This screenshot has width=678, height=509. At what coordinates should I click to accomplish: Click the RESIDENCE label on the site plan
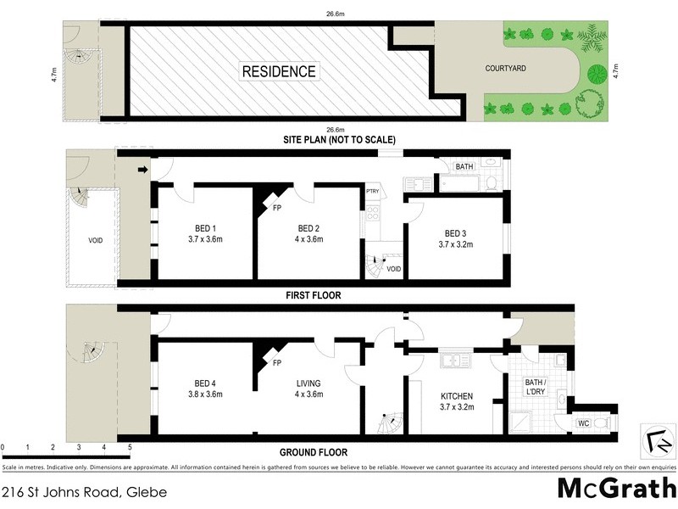pos(279,71)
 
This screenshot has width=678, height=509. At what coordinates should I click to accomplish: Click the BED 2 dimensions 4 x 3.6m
pos(309,240)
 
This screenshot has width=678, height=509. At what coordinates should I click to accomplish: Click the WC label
pos(583,422)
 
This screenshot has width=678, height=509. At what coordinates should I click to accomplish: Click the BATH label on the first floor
pos(464,167)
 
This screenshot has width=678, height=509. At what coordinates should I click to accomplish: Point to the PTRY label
pos(373,192)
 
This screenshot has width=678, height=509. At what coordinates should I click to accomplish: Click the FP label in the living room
pos(276,363)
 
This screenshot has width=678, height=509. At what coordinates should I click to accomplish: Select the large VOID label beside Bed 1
pos(95,240)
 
